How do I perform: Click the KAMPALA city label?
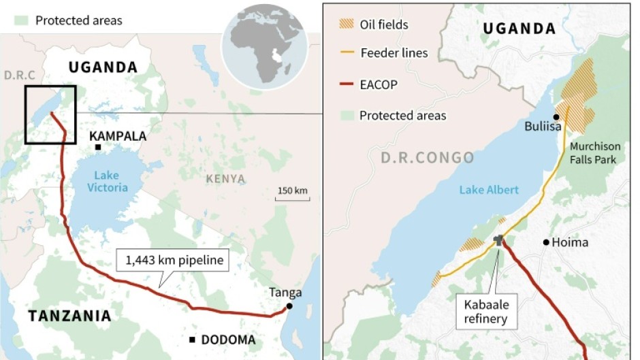[117, 136]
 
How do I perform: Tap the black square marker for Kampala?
[99, 148]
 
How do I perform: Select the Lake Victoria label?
[107, 181]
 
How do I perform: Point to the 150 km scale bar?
[293, 199]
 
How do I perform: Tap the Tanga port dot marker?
[289, 307]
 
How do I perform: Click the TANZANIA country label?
[69, 316]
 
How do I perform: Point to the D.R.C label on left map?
[18, 74]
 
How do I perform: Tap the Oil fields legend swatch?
[347, 24]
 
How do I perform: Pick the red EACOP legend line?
[347, 85]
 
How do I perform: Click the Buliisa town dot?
[556, 117]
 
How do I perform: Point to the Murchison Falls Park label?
[595, 152]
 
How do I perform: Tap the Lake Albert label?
[488, 190]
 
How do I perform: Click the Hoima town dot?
[545, 242]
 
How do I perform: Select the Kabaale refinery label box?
[486, 311]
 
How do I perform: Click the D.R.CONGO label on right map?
[427, 158]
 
